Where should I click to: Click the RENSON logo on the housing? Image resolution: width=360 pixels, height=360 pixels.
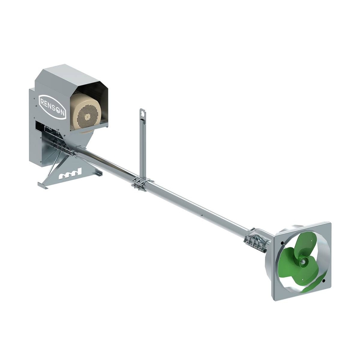click(52, 106)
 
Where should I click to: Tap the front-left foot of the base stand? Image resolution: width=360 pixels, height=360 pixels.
click(42, 186)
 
